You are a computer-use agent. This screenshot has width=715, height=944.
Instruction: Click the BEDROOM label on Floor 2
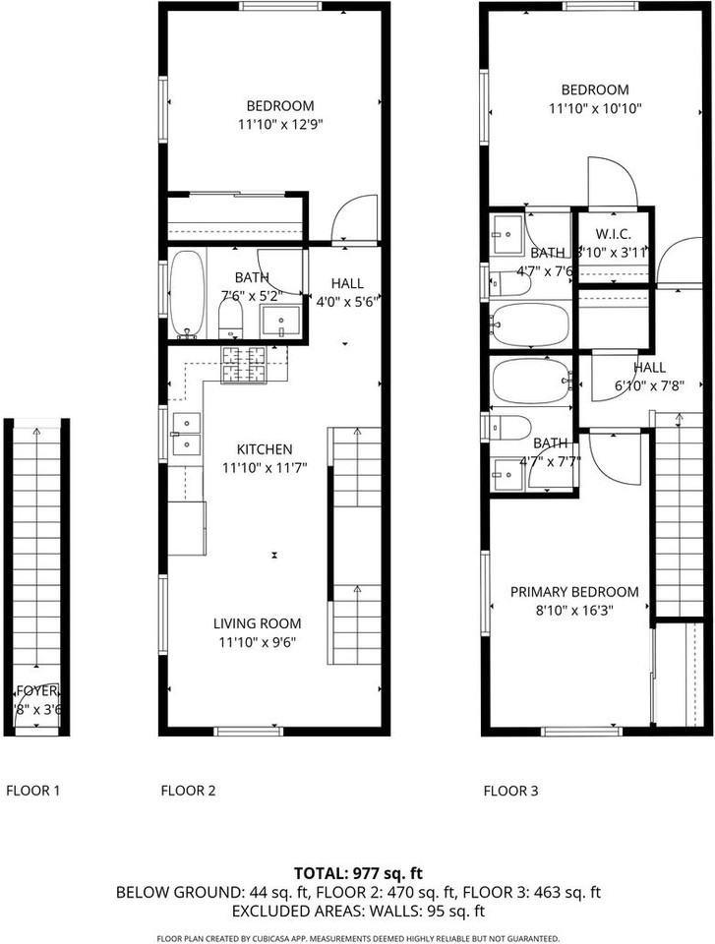tap(280, 106)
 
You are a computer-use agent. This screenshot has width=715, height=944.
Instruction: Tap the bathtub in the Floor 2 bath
tap(187, 293)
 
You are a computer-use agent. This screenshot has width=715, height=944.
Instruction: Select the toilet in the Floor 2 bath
tap(230, 317)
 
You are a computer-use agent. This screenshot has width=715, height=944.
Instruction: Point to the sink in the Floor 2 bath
tap(282, 321)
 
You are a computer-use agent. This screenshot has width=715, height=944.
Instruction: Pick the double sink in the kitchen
tap(185, 434)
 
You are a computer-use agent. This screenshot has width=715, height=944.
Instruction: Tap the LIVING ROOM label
tap(258, 623)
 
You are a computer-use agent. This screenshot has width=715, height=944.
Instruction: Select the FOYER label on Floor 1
tap(36, 691)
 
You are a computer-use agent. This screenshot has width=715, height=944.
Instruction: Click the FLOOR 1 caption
tap(33, 790)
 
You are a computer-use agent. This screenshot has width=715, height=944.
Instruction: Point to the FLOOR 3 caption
tap(510, 790)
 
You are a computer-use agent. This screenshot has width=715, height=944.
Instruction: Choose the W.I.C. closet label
tap(614, 235)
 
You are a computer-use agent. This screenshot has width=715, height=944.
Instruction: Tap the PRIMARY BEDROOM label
tap(574, 592)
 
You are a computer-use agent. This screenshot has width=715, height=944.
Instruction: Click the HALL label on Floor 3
tap(649, 368)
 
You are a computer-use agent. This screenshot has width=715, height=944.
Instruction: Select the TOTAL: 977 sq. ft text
tap(358, 873)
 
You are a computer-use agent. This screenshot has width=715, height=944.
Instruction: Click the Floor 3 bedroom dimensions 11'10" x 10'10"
tap(595, 109)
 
